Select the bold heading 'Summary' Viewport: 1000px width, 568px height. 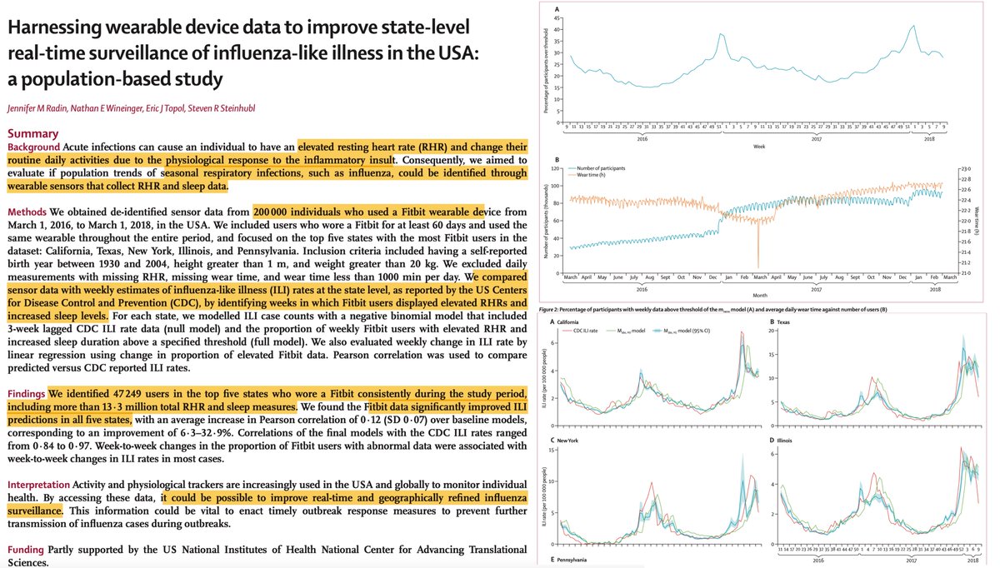33,133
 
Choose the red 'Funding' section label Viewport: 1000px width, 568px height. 27,550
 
